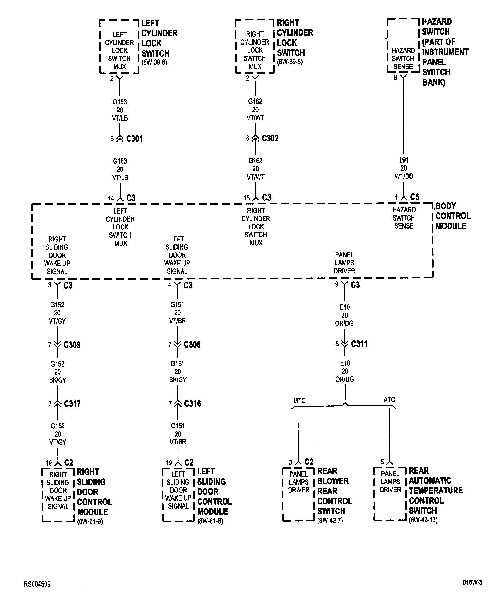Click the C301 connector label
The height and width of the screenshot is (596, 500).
[x=134, y=139]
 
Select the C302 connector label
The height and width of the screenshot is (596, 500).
[x=270, y=138]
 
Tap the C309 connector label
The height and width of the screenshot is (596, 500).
[x=72, y=344]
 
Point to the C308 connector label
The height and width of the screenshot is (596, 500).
[x=192, y=344]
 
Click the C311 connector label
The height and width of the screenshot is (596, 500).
[x=359, y=344]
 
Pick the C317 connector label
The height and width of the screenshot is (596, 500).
[x=72, y=404]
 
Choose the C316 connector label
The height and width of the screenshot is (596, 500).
[x=193, y=403]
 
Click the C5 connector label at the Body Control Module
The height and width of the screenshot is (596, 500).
[x=414, y=197]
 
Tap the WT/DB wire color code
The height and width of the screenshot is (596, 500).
[x=404, y=176]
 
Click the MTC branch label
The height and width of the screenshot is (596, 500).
[x=299, y=401]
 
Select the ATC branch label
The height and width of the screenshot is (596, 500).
[x=389, y=400]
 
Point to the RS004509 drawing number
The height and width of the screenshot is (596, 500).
[x=37, y=584]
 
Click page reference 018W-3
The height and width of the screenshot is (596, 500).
[x=473, y=583]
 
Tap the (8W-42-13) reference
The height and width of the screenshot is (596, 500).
[x=423, y=520]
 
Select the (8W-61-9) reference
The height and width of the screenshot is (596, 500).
[x=90, y=521]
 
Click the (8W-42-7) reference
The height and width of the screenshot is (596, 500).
[x=330, y=521]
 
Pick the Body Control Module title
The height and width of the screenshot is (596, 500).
[x=452, y=216]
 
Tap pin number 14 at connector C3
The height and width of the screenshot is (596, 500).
[x=111, y=199]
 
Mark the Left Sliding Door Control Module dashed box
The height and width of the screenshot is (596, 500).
[x=178, y=495]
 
